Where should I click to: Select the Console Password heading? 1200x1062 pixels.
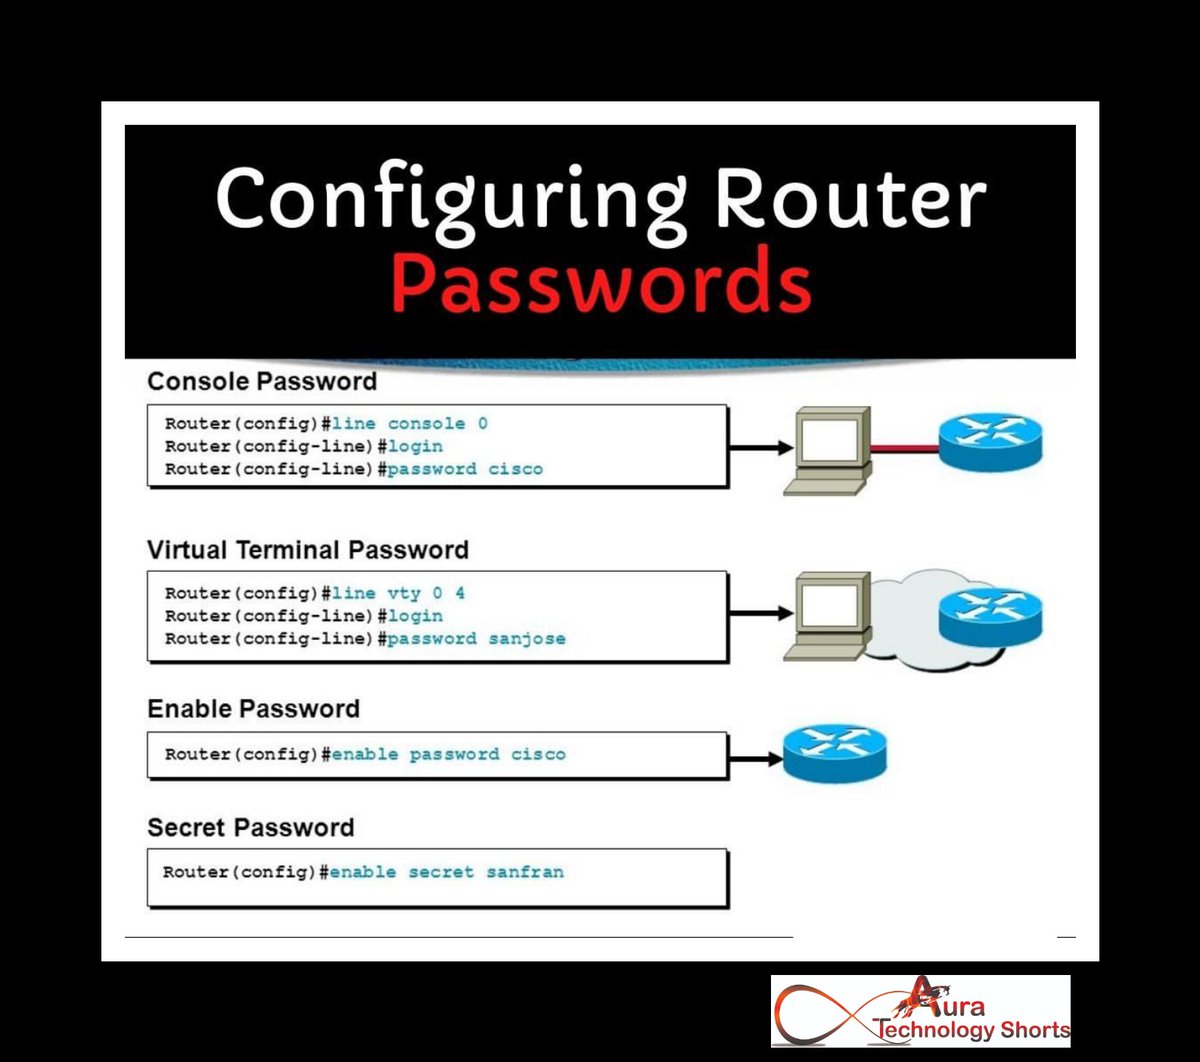tap(262, 381)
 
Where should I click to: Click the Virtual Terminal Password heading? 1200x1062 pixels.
tap(307, 549)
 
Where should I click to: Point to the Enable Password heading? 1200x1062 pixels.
tap(253, 708)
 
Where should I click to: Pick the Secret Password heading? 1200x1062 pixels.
tap(250, 827)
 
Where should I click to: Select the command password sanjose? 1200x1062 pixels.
tap(476, 638)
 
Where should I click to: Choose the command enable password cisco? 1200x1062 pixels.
tap(448, 754)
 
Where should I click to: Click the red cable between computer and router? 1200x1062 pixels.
tap(904, 449)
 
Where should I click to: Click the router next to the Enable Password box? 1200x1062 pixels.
tap(834, 754)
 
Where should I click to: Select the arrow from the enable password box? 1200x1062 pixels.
tap(755, 759)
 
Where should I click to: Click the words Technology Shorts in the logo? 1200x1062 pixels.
tap(972, 1029)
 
